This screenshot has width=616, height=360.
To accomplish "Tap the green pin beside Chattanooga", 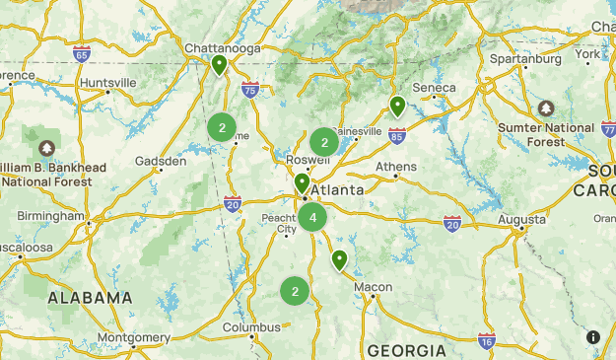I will pos(219,65).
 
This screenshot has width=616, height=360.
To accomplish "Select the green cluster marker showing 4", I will pos(312,217).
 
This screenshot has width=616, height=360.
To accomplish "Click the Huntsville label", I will pos(108,82).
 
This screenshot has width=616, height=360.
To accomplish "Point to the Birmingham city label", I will pos(51,216).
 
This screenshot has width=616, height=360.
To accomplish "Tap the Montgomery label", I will pos(135,337).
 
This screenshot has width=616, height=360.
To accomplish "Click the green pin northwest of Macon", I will pos(339,260).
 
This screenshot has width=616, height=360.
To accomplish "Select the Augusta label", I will pos(522,219).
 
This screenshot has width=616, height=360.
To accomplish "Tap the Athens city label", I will pos(396,167).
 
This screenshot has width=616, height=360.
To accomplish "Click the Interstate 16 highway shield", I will pos(487,340).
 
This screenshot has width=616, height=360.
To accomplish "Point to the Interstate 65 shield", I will pos(82,54).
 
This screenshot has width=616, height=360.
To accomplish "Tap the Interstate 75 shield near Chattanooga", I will pos(250,89).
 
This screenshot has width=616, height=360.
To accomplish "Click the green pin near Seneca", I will pos(397,107).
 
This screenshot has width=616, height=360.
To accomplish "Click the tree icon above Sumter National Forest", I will pos(547,107).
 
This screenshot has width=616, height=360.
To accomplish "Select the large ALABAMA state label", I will pos(91,298).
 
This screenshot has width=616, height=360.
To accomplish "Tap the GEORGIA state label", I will pos(407,350).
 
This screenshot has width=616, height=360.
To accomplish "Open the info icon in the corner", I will pos(593,337).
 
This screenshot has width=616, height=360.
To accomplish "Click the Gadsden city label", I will pos(161,161).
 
